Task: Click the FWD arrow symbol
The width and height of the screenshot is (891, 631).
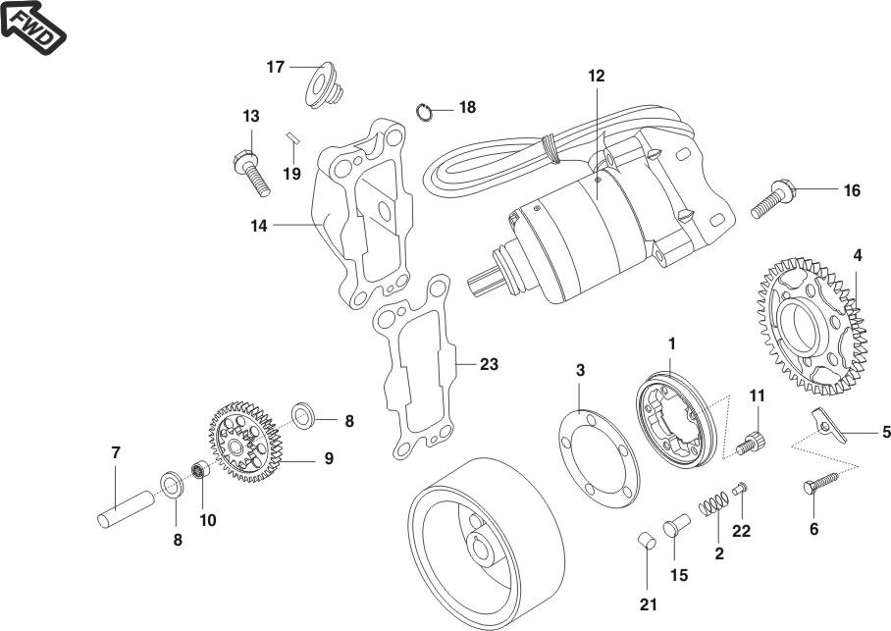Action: (x=32, y=30)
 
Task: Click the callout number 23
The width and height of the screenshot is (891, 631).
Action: (x=489, y=365)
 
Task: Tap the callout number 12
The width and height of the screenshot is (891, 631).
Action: (x=597, y=75)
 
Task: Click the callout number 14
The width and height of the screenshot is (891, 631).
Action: (x=259, y=225)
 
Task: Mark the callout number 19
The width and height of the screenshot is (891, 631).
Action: (x=291, y=174)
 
